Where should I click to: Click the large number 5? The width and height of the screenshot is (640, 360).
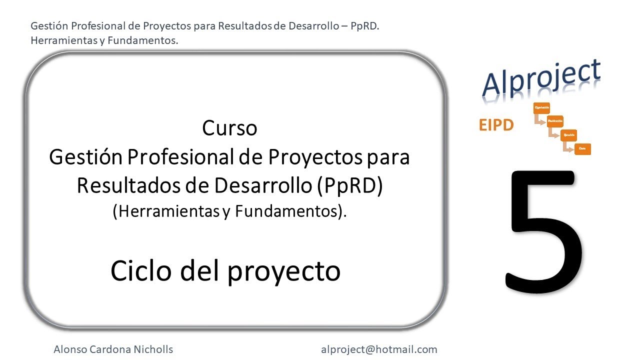pos(544,231)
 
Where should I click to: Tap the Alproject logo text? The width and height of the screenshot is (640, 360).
pos(541,80)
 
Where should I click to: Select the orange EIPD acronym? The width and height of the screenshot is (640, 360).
pos(496,125)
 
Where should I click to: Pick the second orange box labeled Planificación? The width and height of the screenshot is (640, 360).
pos(555,121)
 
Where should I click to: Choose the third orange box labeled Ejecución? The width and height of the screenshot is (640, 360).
pos(569,135)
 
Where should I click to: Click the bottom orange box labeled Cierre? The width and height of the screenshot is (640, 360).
pos(582,148)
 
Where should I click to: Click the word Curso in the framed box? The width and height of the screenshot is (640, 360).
pos(229,128)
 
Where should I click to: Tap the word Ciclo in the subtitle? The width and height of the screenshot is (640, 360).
pos(141,270)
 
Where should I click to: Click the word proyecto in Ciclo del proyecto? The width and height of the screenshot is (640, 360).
pos(283,271)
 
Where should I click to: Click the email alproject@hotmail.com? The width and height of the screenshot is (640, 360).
pos(378,349)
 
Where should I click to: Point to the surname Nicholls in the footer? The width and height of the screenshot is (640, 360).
pos(153,349)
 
